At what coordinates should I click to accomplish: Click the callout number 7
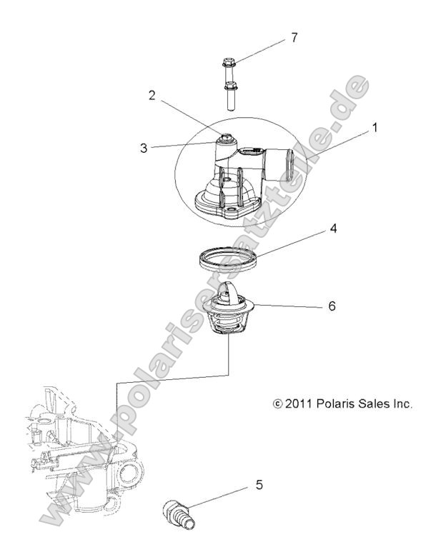(x=292, y=37)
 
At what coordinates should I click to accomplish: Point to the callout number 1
(x=374, y=129)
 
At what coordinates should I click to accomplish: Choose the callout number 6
(x=331, y=306)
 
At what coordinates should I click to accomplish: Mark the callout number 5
(x=259, y=485)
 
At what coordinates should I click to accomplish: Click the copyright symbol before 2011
(x=279, y=404)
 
